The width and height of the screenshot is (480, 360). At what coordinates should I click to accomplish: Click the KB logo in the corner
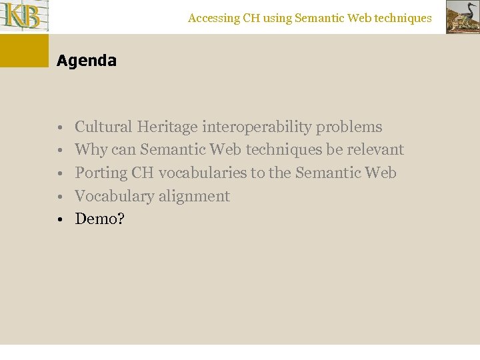click(x=25, y=16)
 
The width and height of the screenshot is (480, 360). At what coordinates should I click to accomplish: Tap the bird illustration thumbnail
click(x=462, y=17)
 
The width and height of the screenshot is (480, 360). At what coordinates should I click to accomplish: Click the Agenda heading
click(x=87, y=61)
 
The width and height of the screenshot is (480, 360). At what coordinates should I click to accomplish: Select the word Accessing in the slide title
click(x=213, y=19)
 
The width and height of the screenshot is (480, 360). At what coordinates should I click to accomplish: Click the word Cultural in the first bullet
click(x=104, y=127)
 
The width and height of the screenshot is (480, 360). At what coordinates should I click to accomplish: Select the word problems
click(x=349, y=127)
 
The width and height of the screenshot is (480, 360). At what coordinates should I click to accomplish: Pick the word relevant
click(x=375, y=150)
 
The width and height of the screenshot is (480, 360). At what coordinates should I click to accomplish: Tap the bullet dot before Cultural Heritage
click(x=60, y=127)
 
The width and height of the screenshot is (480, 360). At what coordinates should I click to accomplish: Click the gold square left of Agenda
click(x=24, y=51)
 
